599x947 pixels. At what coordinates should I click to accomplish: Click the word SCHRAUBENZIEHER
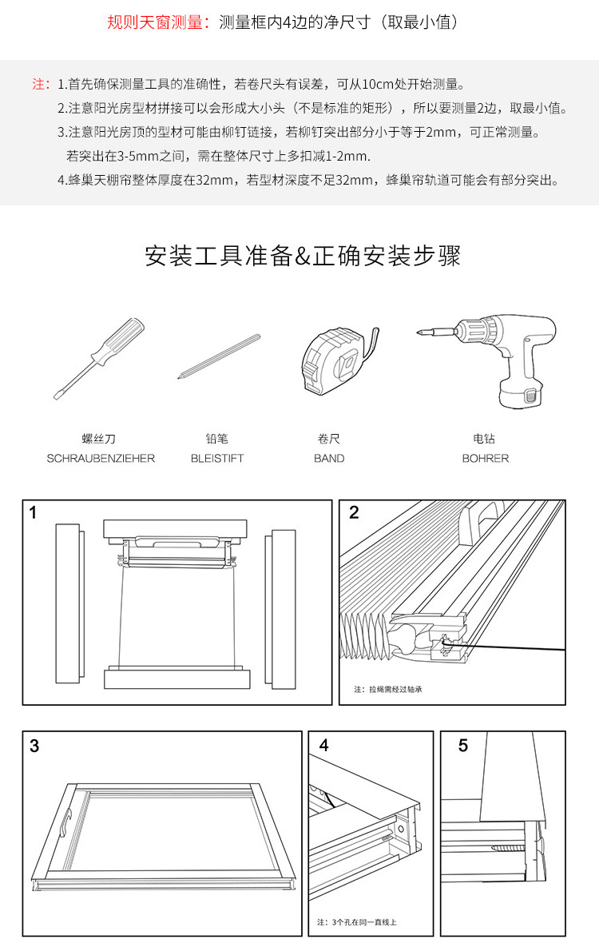coord(101,459)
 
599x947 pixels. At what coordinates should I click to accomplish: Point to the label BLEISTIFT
coord(217,459)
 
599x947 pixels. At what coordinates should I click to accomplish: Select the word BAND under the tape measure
coord(329,459)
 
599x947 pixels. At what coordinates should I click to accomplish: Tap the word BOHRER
coord(485,459)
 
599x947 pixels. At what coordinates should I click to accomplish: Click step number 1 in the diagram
coord(33,513)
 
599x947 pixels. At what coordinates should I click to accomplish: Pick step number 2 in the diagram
coord(354,513)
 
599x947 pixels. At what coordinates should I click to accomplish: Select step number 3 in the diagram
coord(34,746)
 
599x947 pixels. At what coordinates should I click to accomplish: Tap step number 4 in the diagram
coord(323,746)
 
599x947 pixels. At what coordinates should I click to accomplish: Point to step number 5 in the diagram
coord(463,746)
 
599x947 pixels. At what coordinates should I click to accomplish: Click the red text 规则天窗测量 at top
coord(157,22)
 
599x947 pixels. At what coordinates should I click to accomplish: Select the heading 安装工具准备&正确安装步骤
coord(303,256)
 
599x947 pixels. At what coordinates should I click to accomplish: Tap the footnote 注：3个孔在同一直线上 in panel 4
coord(357,922)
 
